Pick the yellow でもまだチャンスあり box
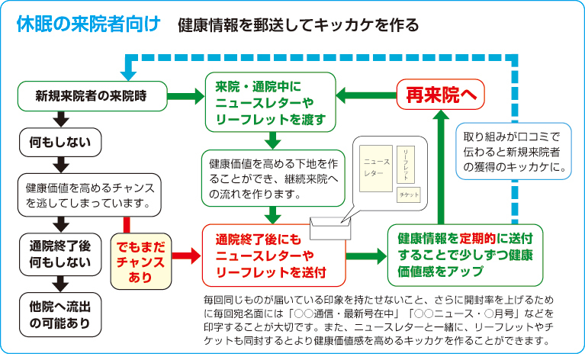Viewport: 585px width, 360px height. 140,259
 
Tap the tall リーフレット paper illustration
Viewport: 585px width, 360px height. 409,162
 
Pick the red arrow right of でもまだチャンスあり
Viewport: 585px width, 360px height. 181,254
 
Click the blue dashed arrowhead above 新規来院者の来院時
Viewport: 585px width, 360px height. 129,72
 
